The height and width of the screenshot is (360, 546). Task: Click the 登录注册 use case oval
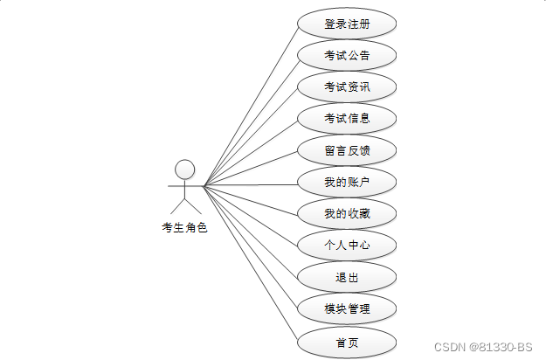click(347, 24)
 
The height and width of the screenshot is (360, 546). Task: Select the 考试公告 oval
click(347, 55)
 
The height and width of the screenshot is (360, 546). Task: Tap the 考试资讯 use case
click(347, 87)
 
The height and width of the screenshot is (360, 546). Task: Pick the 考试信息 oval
click(347, 118)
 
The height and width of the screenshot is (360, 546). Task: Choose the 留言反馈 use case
click(347, 150)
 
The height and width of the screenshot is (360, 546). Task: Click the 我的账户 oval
click(347, 182)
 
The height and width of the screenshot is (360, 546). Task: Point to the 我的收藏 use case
click(347, 213)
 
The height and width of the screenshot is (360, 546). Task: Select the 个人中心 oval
click(347, 245)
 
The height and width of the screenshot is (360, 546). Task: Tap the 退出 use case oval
click(347, 277)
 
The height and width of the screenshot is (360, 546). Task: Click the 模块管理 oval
click(347, 308)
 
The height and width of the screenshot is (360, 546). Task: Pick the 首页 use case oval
click(347, 342)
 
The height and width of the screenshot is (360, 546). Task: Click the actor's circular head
click(184, 169)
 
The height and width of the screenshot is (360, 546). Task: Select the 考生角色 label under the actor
click(184, 228)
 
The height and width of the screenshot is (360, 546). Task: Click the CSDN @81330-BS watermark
click(483, 346)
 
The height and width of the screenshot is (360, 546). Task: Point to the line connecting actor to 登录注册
click(251, 104)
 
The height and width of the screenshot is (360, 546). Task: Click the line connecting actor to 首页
click(251, 263)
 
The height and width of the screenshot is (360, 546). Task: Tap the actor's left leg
click(177, 206)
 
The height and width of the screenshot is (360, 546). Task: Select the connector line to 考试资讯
click(251, 135)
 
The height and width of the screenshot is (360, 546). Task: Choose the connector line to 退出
click(251, 232)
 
